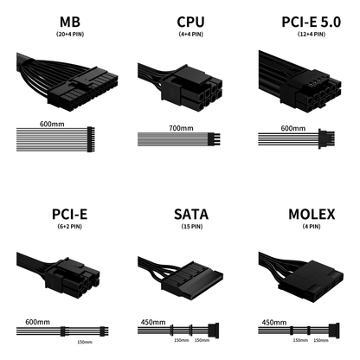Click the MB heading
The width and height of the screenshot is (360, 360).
click(x=70, y=22)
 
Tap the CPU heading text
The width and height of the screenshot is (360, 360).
click(x=190, y=22)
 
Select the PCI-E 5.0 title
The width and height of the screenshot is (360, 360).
click(x=312, y=22)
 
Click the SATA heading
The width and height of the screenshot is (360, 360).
click(x=191, y=215)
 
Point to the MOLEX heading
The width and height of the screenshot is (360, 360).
click(x=312, y=215)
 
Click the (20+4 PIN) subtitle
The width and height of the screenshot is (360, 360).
click(x=70, y=35)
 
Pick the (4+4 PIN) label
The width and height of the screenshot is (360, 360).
click(x=191, y=35)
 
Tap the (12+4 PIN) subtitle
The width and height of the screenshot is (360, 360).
click(x=312, y=35)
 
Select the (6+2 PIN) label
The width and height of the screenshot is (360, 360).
click(x=70, y=227)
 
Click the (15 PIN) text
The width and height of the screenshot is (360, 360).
click(x=192, y=227)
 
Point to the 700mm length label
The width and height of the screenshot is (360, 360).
click(x=181, y=128)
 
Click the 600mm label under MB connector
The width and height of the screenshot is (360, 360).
click(x=52, y=124)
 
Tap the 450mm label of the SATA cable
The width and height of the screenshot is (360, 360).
click(x=153, y=322)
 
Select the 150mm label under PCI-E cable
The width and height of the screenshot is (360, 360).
click(x=85, y=342)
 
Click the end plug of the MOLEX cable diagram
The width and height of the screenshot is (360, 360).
click(x=334, y=331)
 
